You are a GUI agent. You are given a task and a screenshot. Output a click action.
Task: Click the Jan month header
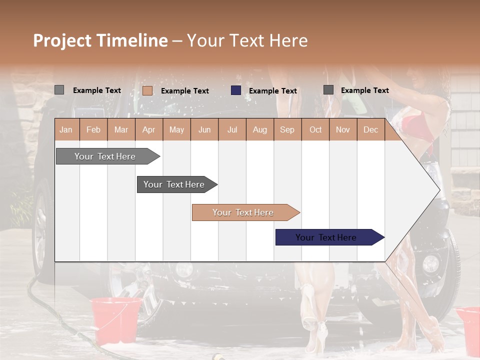[x=66, y=130]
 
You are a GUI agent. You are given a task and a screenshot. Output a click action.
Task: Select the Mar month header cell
[x=121, y=130]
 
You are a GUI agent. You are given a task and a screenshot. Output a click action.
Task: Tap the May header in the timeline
[x=176, y=130]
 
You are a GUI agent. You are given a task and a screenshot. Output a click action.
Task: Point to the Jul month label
[x=232, y=130]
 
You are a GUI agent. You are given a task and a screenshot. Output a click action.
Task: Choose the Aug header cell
[x=259, y=130]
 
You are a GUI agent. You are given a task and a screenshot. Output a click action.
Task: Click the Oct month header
[x=315, y=130]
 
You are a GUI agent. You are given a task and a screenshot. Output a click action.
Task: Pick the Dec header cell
[x=370, y=130]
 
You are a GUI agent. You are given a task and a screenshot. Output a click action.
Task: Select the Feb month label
[x=93, y=130]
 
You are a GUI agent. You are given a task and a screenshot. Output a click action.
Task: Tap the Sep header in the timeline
[x=287, y=130]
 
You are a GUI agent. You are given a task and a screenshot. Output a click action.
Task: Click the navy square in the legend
[x=236, y=90]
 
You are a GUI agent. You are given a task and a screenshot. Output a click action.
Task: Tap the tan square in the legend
[x=147, y=90]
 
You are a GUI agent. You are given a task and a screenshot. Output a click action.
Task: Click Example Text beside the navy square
[x=272, y=91]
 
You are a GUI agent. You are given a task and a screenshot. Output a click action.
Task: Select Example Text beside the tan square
[x=184, y=91]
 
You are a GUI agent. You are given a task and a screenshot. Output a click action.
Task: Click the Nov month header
[x=343, y=130]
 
